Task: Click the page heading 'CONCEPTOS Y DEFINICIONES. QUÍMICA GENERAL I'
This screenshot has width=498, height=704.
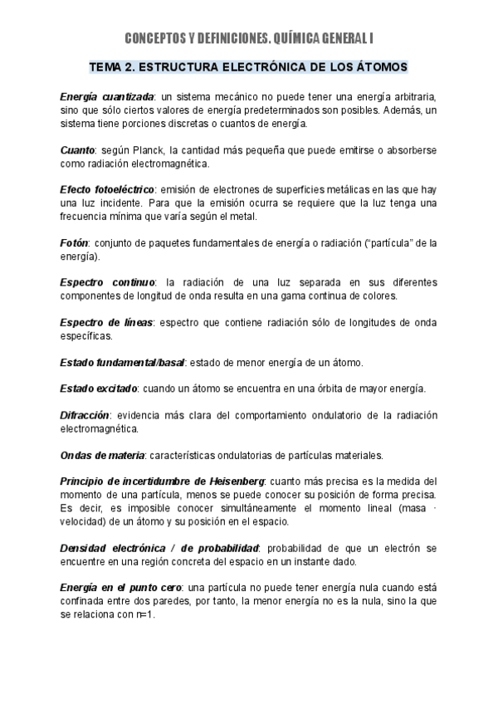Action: coord(248,38)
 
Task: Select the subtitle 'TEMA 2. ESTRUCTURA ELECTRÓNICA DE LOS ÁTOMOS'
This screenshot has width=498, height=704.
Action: coord(248,66)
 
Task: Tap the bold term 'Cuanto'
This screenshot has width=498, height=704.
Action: coord(77,150)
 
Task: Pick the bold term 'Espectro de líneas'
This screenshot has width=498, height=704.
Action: coord(106,322)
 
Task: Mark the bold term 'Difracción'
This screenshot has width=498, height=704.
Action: coord(85,414)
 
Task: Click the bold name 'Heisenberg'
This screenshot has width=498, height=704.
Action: coord(234,481)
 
